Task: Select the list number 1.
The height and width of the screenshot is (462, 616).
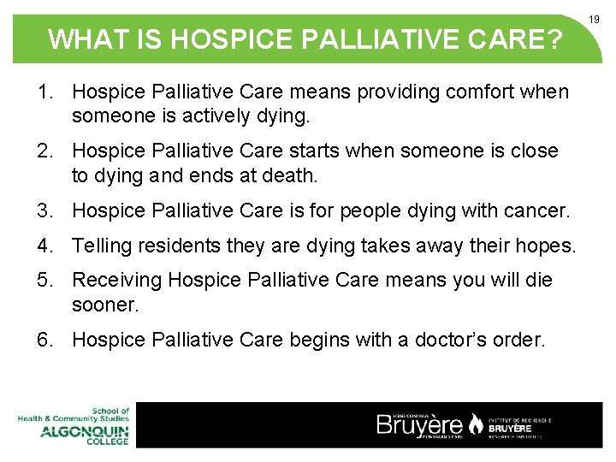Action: pos(43,92)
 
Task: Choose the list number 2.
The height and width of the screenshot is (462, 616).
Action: pos(43,151)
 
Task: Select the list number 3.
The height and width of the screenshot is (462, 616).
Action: pos(43,211)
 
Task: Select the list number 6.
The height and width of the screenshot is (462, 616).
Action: pos(43,341)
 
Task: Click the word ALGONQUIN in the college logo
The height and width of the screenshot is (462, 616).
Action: pos(85,431)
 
